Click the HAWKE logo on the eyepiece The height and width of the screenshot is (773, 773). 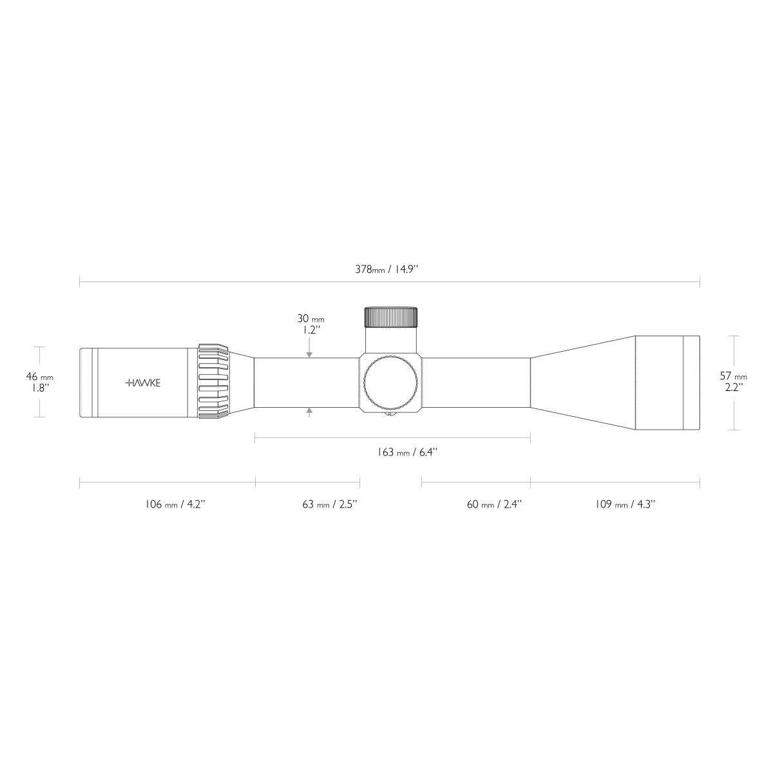click(x=143, y=383)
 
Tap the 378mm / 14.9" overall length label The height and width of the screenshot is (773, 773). click(x=386, y=269)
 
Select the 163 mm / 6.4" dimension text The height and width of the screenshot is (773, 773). click(x=406, y=452)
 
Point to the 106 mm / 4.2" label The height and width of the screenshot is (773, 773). click(x=175, y=504)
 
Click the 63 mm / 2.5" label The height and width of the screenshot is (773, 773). click(x=330, y=504)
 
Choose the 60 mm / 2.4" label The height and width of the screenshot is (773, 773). click(x=494, y=504)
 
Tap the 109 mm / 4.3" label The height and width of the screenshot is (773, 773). click(x=625, y=504)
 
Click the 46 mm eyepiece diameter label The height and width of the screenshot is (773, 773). click(x=39, y=377)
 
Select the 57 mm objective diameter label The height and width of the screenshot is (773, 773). click(x=733, y=376)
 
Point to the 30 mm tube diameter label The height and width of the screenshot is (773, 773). click(x=310, y=318)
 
